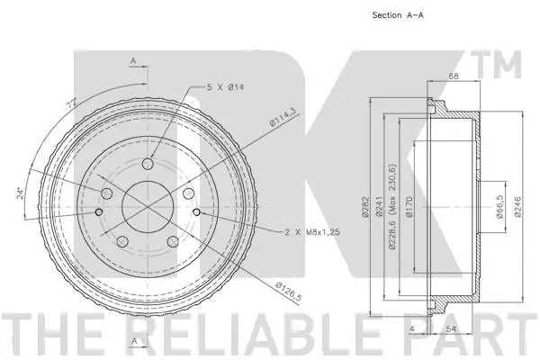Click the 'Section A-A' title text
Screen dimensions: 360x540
pos(397,16)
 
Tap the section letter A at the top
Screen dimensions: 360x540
pos(132,60)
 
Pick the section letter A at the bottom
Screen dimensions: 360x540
pos(132,340)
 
